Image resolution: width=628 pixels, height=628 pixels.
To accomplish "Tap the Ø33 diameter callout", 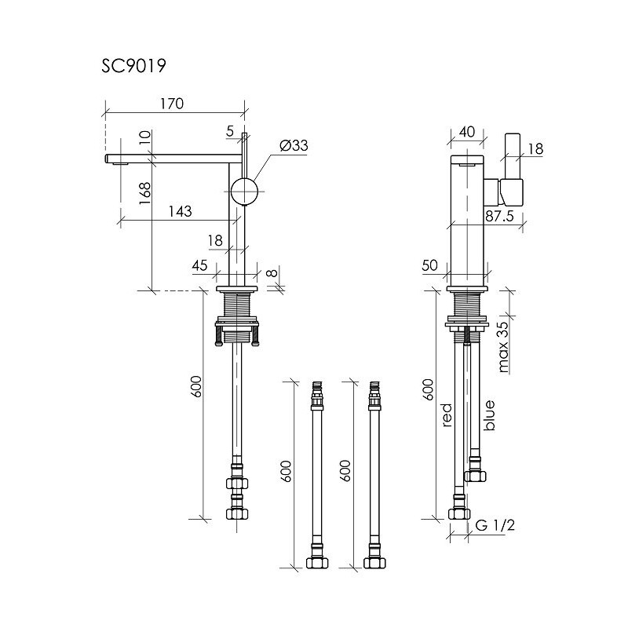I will [x=293, y=145].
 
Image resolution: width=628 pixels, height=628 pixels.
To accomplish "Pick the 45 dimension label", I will [x=199, y=265].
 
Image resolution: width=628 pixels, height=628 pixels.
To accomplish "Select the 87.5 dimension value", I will [x=499, y=217].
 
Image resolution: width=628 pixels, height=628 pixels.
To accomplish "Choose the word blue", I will [x=490, y=415].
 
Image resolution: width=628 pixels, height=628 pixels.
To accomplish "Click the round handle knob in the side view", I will [x=244, y=191].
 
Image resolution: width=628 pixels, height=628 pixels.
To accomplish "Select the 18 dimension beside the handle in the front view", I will [x=537, y=148].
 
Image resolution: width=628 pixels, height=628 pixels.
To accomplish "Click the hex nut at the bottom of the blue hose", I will [x=476, y=474].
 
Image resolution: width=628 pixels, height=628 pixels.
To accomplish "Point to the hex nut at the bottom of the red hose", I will [x=457, y=513].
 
